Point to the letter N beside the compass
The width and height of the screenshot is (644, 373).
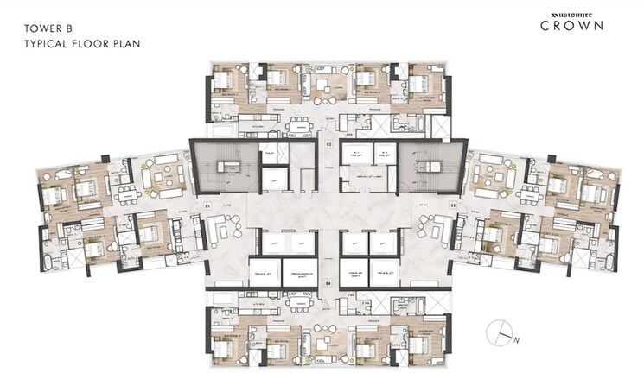[516, 340]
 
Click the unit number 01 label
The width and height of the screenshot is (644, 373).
[207, 205]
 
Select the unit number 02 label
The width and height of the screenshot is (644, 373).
[328, 143]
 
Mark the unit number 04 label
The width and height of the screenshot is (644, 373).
[328, 281]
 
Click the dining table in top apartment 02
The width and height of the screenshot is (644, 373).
[299, 124]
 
